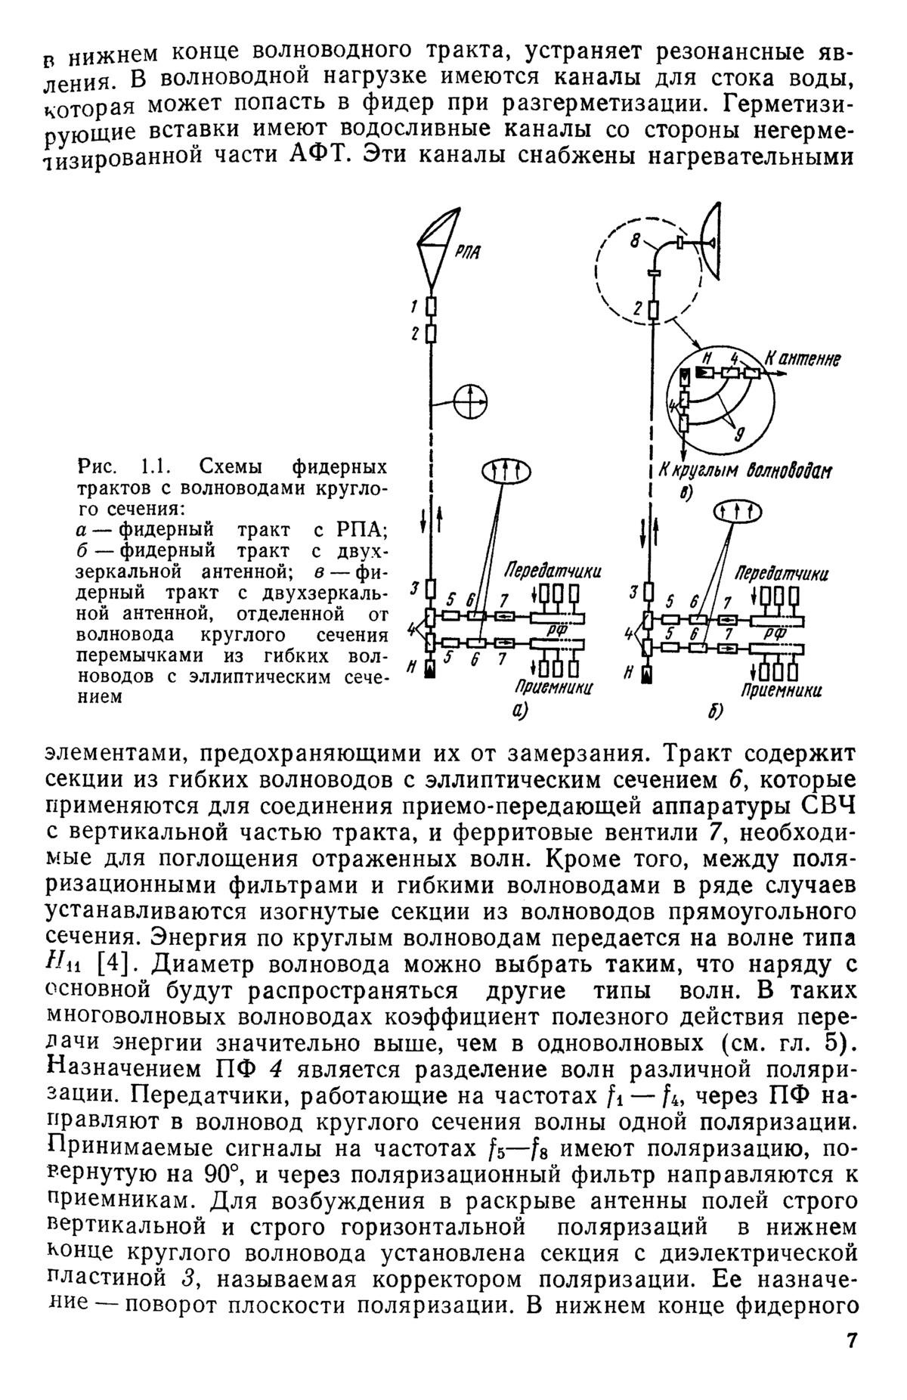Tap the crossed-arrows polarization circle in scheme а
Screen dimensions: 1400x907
point(471,401)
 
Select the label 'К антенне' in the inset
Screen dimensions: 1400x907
point(803,360)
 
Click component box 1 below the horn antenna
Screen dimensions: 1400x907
point(430,307)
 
